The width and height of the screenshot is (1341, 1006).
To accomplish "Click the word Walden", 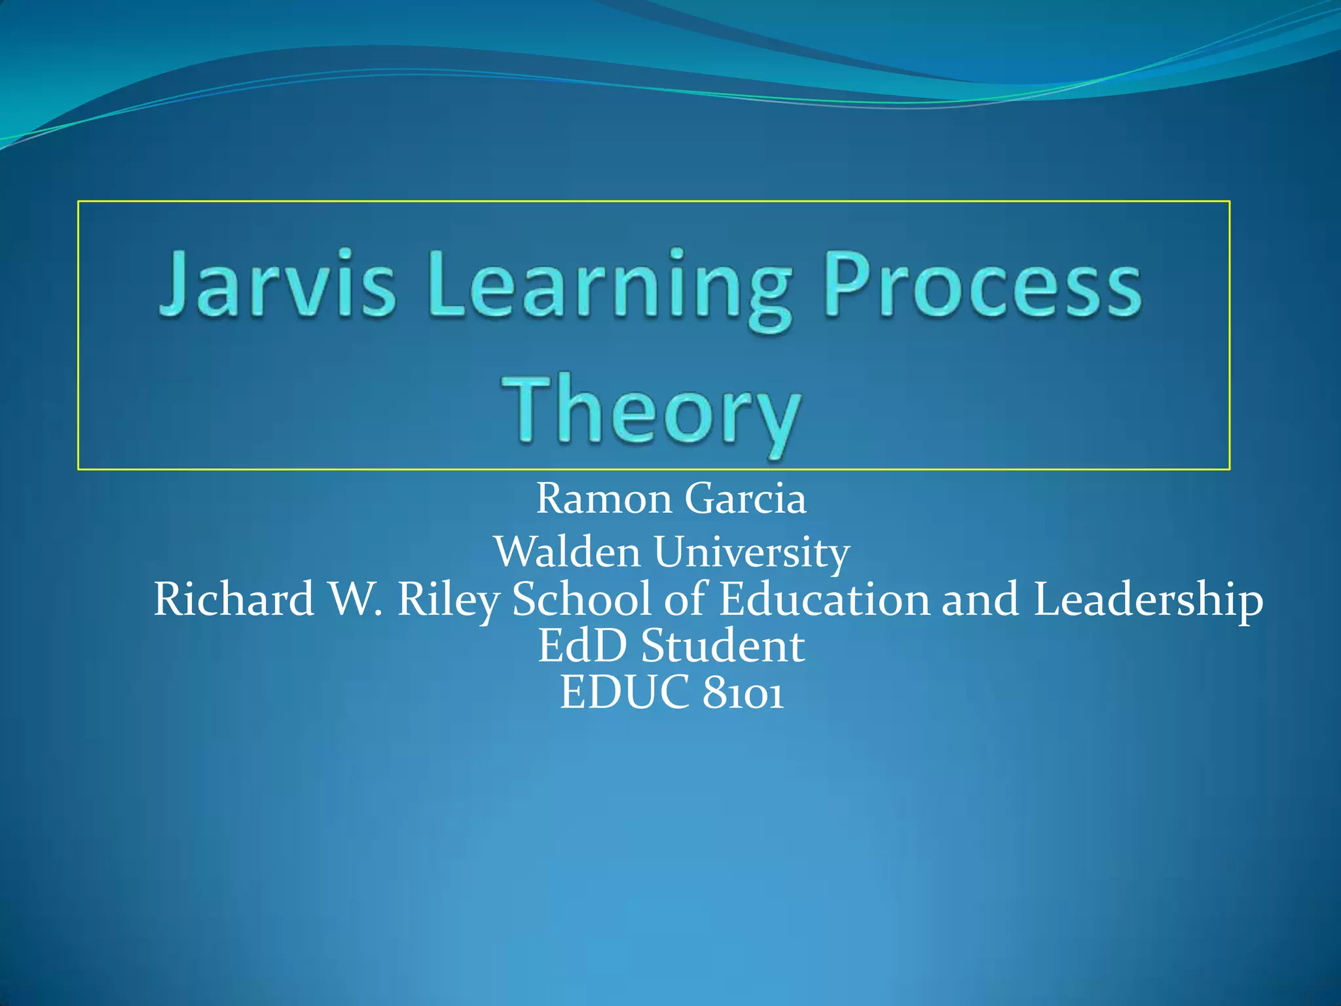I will pyautogui.click(x=567, y=551).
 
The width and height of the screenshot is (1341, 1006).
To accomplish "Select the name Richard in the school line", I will pyautogui.click(x=234, y=599).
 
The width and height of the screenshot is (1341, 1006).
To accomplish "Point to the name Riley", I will pyautogui.click(x=449, y=600).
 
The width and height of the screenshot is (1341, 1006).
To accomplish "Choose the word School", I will pyautogui.click(x=581, y=599).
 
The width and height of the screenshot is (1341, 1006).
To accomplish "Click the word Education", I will pyautogui.click(x=824, y=599).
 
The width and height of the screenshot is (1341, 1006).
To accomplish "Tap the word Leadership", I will pyautogui.click(x=1148, y=600).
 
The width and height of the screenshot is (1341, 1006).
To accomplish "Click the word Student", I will pyautogui.click(x=722, y=646).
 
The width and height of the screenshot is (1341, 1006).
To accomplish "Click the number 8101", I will pyautogui.click(x=743, y=693).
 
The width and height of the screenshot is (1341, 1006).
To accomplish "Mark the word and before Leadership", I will pyautogui.click(x=980, y=599).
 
